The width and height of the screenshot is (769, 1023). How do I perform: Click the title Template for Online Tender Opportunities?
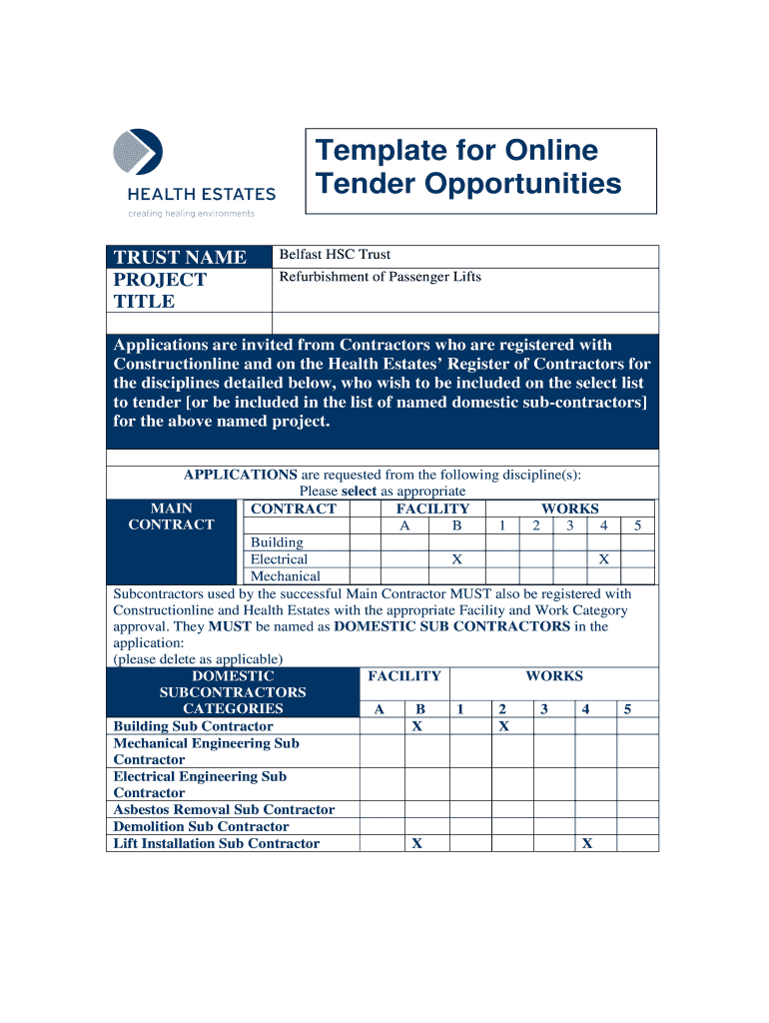click(468, 167)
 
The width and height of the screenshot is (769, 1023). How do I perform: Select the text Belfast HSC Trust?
click(335, 255)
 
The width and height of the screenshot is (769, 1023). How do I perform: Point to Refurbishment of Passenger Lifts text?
click(380, 276)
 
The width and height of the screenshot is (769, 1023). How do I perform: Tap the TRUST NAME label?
click(180, 258)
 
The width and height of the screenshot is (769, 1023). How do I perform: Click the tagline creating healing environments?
click(191, 213)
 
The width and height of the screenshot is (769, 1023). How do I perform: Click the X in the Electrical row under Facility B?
click(456, 559)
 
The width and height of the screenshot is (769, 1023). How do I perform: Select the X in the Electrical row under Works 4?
click(603, 559)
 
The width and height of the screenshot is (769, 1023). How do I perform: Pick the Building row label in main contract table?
click(277, 542)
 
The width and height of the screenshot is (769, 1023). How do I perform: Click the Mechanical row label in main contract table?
click(285, 576)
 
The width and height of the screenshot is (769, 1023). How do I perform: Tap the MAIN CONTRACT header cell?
click(172, 516)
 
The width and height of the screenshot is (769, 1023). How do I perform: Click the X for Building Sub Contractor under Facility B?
click(417, 726)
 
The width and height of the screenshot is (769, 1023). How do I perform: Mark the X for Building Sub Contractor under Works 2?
click(503, 726)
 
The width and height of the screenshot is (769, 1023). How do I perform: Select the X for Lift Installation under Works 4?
click(587, 843)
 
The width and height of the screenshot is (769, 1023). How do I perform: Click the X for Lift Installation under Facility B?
click(417, 843)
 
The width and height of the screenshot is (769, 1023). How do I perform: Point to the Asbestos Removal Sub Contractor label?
click(224, 809)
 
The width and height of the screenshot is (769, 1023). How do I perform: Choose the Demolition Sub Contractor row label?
click(201, 826)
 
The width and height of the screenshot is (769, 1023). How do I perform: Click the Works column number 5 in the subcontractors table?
click(627, 709)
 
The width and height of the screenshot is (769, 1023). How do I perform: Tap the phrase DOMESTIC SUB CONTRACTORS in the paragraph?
click(451, 626)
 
